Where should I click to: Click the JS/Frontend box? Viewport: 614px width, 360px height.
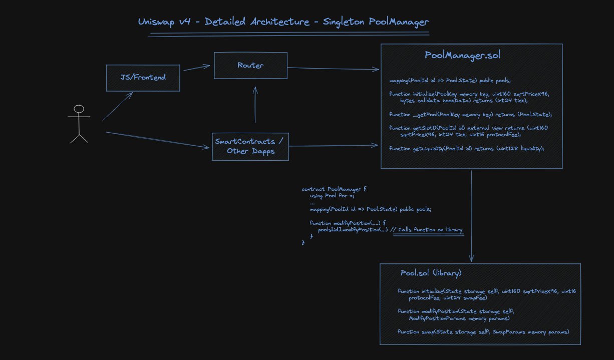pos(143,78)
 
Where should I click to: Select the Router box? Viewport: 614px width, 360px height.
pos(250,66)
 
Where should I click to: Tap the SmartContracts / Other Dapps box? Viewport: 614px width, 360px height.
pos(250,146)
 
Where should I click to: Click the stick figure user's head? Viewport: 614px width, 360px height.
pos(79,109)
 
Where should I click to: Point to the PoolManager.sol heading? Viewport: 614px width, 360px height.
pos(462,56)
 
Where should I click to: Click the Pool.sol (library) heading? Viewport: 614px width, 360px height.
pos(431,273)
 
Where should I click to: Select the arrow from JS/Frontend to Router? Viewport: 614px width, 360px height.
pos(196,68)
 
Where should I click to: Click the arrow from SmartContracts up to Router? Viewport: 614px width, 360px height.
pos(255,105)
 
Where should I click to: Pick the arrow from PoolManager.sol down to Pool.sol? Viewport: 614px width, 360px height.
pos(471,215)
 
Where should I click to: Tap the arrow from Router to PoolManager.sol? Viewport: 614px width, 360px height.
pos(333,69)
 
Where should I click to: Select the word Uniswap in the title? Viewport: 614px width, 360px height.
pos(156,22)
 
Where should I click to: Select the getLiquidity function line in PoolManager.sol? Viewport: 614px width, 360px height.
pos(466,149)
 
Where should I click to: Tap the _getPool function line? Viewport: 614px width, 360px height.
pos(470,115)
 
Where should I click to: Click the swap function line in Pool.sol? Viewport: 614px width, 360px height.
pos(483,332)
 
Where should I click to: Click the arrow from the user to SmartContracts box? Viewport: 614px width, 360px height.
pos(158,140)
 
